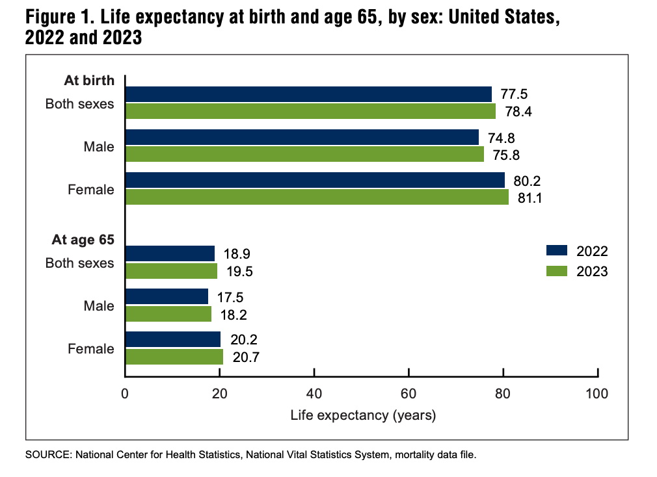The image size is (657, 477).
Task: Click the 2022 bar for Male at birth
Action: pos(302,137)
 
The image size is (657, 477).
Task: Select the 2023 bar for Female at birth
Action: pos(317,197)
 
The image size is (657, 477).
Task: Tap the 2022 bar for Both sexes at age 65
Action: pos(170,253)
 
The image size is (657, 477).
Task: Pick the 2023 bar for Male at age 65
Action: pos(168,314)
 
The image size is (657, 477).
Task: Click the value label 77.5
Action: pos(513,94)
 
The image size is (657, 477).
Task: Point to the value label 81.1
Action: pos(529,198)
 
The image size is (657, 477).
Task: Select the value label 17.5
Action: pos(231,297)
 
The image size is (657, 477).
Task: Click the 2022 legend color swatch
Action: pos(557,251)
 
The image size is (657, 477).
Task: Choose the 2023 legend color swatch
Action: pos(557,271)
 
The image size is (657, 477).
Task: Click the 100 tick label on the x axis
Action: pos(597,393)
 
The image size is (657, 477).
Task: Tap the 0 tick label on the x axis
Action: pos(125,393)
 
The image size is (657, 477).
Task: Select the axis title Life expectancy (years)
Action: pos(363,415)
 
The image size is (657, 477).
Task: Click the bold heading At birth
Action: pos(89,81)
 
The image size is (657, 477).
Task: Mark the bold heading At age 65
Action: pos(83,240)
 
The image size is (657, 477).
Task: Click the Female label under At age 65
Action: pos(91,349)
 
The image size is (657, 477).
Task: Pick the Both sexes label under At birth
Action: pos(80,103)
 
